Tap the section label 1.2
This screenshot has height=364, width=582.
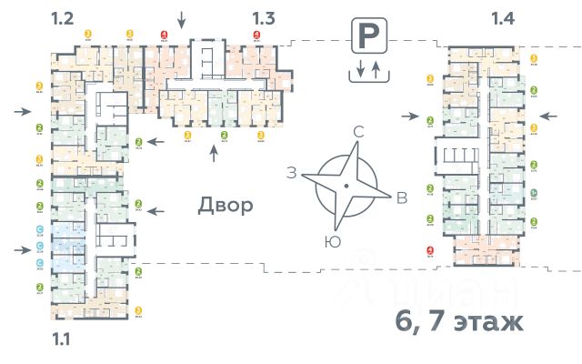click(63, 17)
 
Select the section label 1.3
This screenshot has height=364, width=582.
click(264, 17)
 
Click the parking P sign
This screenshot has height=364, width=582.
click(366, 38)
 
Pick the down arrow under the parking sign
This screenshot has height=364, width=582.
click(359, 69)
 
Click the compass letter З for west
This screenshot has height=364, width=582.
click(292, 172)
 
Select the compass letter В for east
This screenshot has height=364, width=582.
click(401, 199)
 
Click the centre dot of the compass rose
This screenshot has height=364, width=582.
click(346, 186)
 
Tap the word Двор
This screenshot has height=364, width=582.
click(226, 205)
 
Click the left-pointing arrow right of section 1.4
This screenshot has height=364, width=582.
click(547, 116)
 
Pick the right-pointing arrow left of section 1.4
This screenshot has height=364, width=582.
click(415, 116)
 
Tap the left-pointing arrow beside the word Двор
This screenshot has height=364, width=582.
click(156, 210)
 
